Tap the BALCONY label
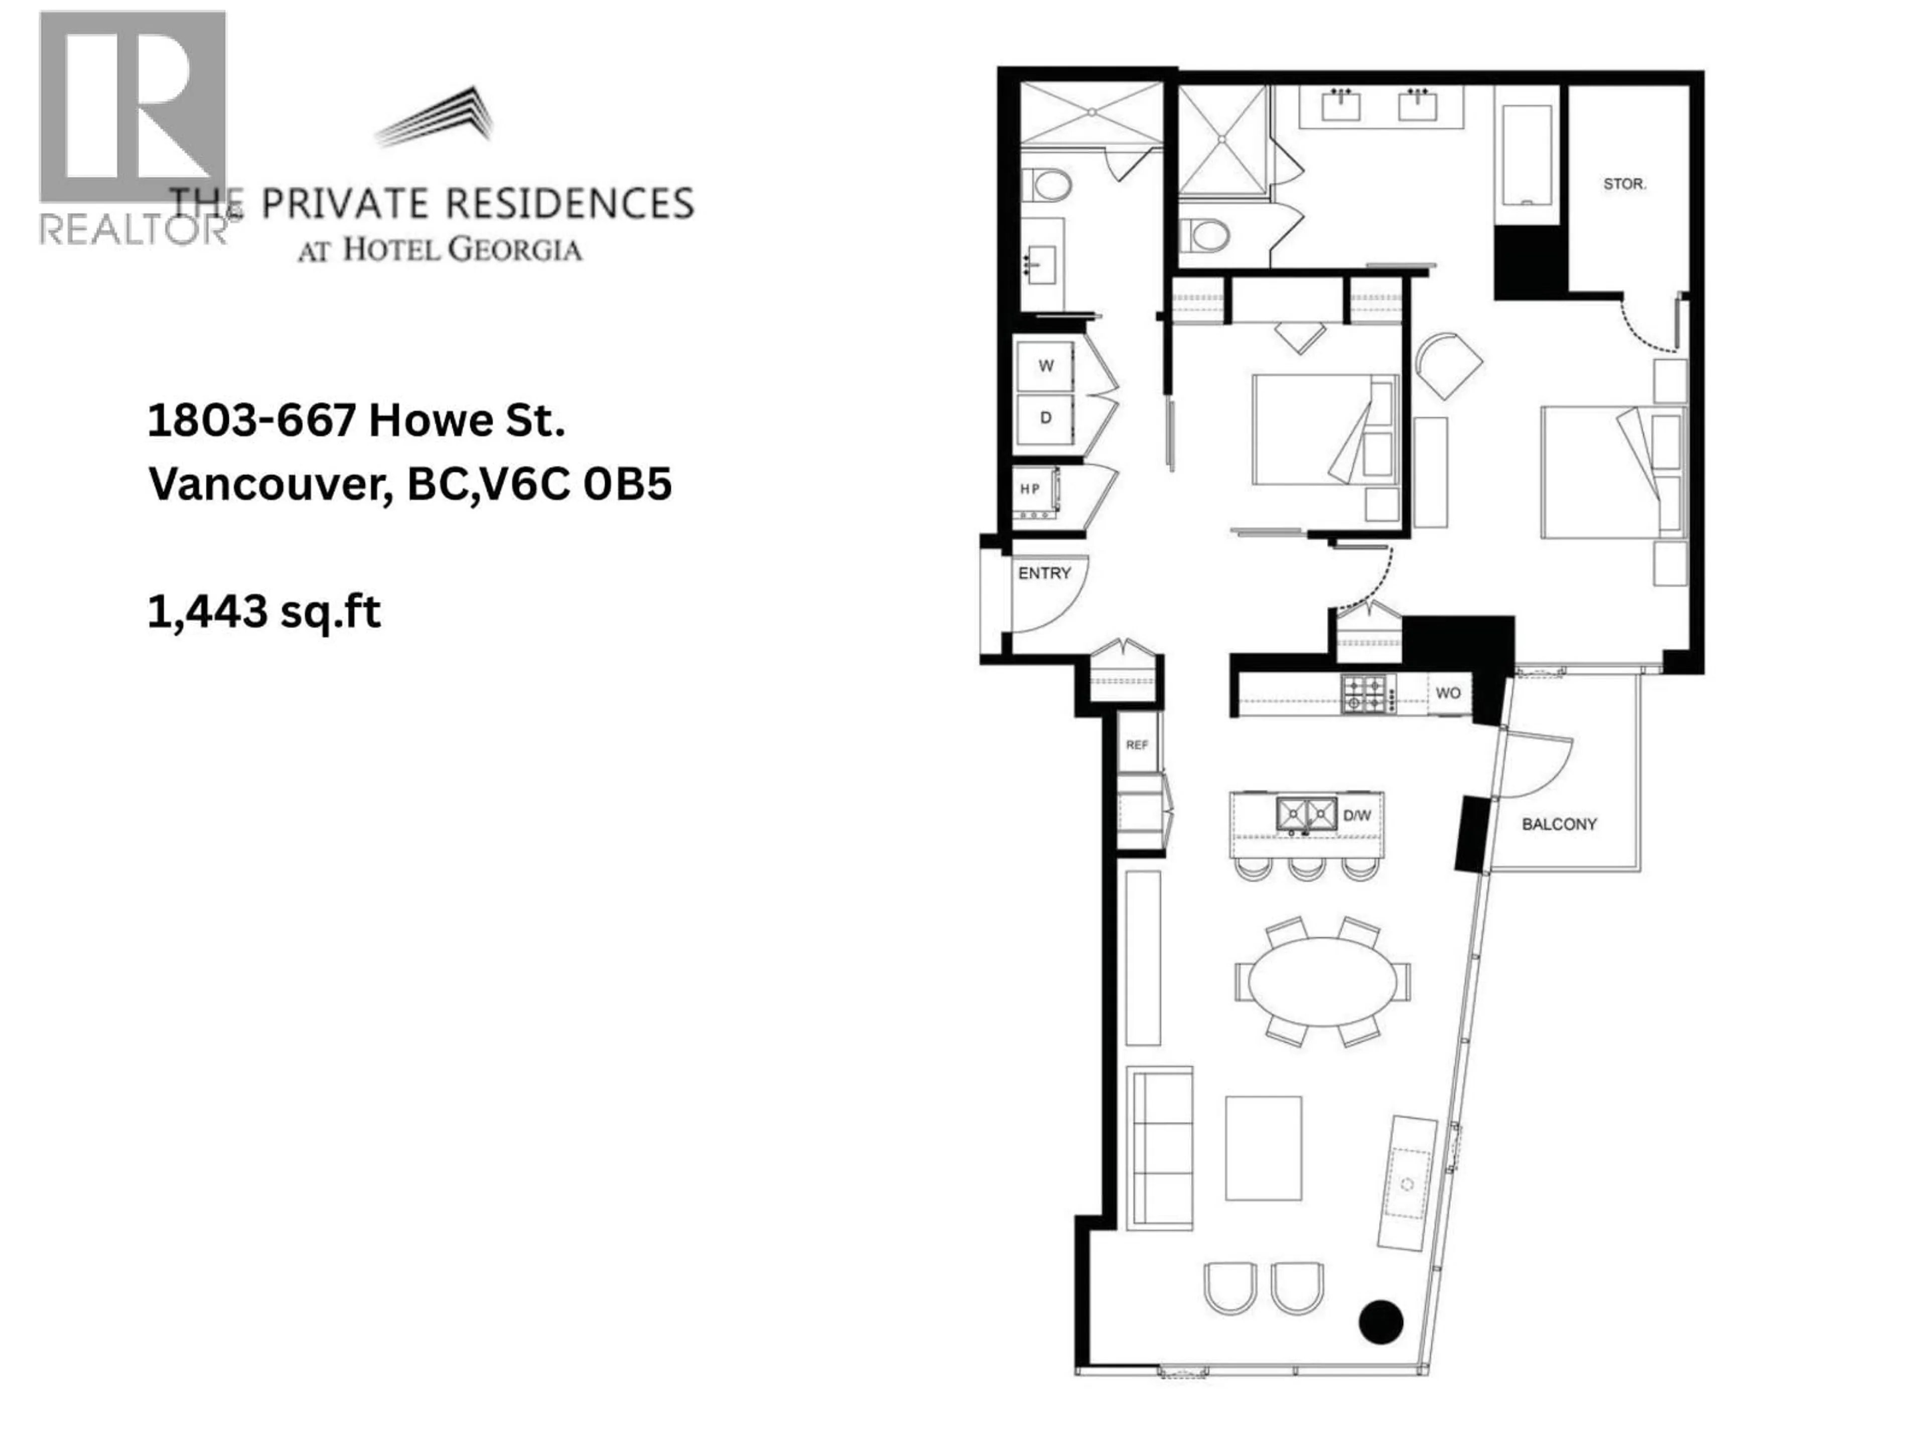coord(1559,824)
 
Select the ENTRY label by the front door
coord(1044,573)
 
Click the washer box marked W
coord(1045,366)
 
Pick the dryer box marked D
coord(1045,418)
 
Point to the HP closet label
coord(1031,490)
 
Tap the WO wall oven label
coord(1448,693)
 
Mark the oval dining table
coord(1322,981)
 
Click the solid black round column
coord(1381,1321)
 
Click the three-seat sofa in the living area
coord(1160,1148)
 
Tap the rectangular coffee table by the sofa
coord(1263,1148)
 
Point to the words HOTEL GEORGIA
coord(462,250)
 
